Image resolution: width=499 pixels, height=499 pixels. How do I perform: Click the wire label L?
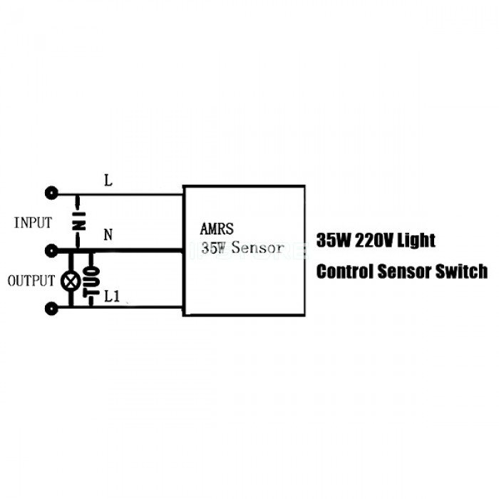point(108,180)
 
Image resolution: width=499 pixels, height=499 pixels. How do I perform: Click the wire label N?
point(108,235)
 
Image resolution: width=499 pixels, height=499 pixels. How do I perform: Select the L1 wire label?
point(111,296)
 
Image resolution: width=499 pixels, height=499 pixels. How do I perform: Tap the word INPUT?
point(33,222)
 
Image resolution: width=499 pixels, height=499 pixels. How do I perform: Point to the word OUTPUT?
point(31,281)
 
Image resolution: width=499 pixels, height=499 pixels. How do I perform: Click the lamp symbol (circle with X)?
point(70,281)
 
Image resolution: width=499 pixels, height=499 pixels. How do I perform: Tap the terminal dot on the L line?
point(51,192)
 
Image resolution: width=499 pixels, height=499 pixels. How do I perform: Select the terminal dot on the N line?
point(51,250)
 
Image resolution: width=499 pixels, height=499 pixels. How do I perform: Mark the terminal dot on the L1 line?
point(51,308)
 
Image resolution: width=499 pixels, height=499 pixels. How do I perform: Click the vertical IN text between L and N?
point(80,221)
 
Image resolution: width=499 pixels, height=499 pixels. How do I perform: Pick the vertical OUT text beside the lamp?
point(91,280)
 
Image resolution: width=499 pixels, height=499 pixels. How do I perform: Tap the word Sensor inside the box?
point(257,249)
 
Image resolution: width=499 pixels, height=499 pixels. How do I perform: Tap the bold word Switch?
point(465,272)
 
